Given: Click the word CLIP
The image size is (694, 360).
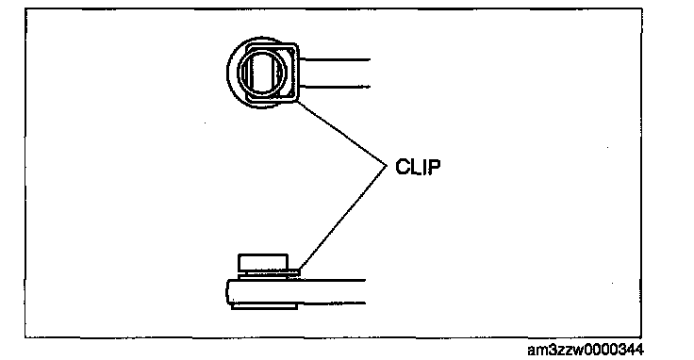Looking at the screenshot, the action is pyautogui.click(x=419, y=167).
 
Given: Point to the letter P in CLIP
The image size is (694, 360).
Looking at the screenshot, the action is pyautogui.click(x=436, y=167).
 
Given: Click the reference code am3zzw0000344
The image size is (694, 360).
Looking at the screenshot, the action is pyautogui.click(x=586, y=350).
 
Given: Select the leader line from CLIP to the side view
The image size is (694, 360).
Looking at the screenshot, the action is pyautogui.click(x=343, y=218).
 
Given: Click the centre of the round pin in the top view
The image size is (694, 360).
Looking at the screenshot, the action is pyautogui.click(x=261, y=72).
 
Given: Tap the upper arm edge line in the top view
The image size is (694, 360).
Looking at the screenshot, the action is pyautogui.click(x=334, y=59).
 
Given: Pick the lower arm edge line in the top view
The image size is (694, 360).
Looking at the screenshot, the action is pyautogui.click(x=334, y=87).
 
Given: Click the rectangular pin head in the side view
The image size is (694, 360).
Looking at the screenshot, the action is pyautogui.click(x=263, y=262).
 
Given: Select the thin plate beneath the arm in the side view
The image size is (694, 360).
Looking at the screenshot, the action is pyautogui.click(x=264, y=306).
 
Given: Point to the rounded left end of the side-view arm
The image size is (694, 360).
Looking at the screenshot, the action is pyautogui.click(x=227, y=291).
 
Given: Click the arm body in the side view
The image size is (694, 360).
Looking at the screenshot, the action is pyautogui.click(x=296, y=291).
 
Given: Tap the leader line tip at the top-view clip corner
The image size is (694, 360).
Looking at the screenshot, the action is pyautogui.click(x=296, y=101).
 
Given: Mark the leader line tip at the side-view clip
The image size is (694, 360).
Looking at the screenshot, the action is pyautogui.click(x=300, y=270).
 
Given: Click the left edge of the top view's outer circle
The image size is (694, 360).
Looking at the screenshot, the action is pyautogui.click(x=226, y=73).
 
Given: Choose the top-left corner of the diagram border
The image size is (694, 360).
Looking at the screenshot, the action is pyautogui.click(x=25, y=8).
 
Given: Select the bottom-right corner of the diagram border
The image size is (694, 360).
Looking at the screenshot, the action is pyautogui.click(x=641, y=337).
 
